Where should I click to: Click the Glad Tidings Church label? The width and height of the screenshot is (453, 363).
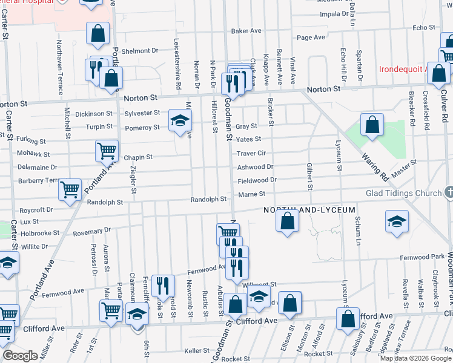(x=403, y=194)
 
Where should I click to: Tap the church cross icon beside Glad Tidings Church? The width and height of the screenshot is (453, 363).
(x=448, y=192)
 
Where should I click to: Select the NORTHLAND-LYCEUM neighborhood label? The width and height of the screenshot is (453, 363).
(x=309, y=209)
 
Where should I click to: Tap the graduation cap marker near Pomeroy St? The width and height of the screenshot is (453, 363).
(x=179, y=122)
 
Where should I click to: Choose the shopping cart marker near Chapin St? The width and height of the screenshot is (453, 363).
(x=107, y=150)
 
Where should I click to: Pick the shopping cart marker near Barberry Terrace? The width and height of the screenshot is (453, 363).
(x=70, y=189)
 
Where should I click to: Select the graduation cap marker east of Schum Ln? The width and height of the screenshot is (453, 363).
(x=397, y=221)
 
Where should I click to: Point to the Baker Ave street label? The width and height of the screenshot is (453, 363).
(x=246, y=31)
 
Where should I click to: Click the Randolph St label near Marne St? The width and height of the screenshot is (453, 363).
(x=208, y=199)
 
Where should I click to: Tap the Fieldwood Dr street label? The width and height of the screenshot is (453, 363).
(x=257, y=180)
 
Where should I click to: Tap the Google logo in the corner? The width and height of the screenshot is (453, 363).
(x=20, y=356)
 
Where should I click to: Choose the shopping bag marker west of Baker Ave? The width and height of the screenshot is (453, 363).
(x=98, y=34)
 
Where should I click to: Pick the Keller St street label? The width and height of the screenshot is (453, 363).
(x=197, y=350)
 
